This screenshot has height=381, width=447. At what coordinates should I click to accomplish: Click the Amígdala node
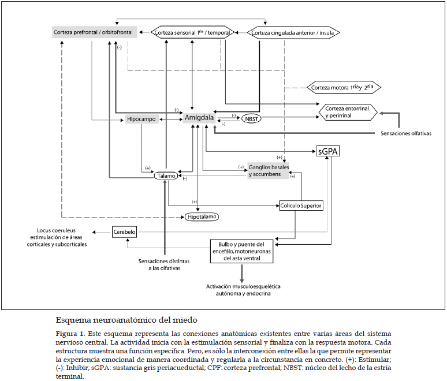point(199,118)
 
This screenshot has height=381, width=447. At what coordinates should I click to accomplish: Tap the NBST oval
point(252,118)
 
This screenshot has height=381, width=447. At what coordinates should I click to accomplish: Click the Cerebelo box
point(124,232)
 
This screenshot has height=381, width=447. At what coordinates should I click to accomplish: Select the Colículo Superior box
point(301,205)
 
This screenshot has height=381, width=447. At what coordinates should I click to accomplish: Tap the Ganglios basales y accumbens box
point(268,170)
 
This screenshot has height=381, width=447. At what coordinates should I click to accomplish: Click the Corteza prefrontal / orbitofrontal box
point(95,32)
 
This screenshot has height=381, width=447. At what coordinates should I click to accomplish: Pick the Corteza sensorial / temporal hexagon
point(192,33)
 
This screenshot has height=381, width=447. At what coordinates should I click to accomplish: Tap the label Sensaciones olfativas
point(406,133)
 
